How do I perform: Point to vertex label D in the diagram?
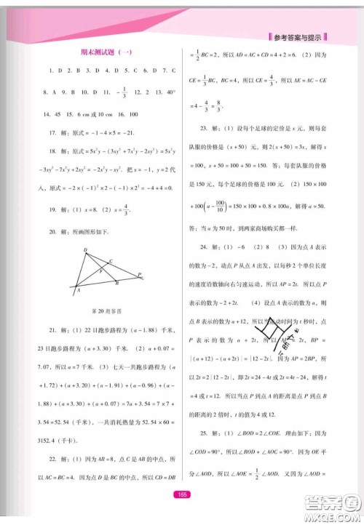(x=85, y=250)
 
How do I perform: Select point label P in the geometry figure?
(x=139, y=274)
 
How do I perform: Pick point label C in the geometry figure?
(x=110, y=261)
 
